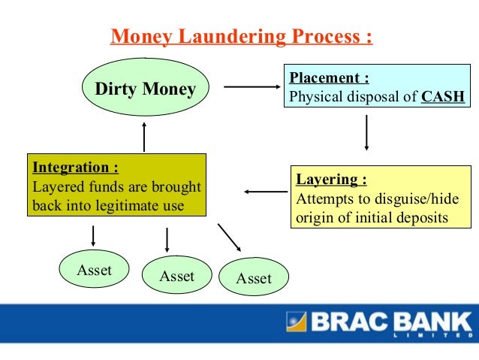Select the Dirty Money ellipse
coord(144,90)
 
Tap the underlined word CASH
coord(443,97)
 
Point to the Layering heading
coord(331,180)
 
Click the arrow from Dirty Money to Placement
coord(252,87)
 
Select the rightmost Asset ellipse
coord(254,278)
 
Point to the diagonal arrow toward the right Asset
coord(229,237)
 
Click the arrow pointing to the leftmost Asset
coord(92,235)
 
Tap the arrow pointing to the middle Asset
coord(167,239)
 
